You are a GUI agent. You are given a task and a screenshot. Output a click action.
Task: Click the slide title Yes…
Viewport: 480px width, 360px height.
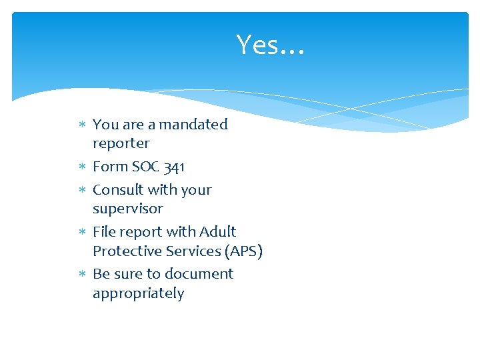click(269, 45)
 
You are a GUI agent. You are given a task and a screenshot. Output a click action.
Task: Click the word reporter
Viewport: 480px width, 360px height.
click(121, 144)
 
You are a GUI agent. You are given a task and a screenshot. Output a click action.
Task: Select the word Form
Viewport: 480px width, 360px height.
click(109, 167)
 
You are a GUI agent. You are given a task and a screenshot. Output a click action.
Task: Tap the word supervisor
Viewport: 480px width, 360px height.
click(127, 209)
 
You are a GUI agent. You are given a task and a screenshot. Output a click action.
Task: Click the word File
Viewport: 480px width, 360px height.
click(103, 232)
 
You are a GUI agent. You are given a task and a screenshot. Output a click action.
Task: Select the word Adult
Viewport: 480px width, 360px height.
click(218, 232)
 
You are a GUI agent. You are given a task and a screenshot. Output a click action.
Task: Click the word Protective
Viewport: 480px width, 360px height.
click(124, 251)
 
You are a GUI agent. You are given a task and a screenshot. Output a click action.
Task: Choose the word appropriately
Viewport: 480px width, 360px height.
click(138, 294)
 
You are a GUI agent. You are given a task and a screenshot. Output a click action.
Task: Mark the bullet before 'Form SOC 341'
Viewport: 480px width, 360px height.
click(82, 167)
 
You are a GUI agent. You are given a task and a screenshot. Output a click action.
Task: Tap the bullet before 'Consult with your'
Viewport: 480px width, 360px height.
click(82, 191)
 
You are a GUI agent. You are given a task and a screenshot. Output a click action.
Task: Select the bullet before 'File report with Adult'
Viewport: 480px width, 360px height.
click(82, 233)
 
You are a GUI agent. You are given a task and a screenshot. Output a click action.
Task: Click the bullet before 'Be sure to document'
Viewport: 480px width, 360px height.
click(82, 275)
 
